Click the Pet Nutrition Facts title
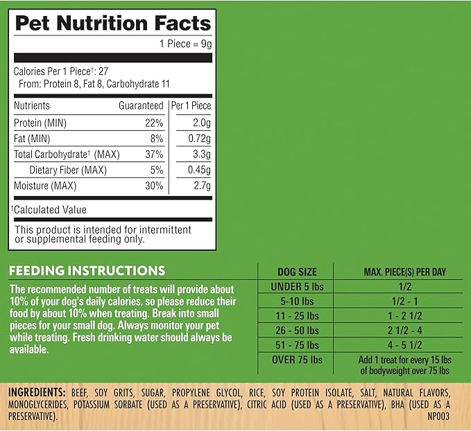[x=112, y=24]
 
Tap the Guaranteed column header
[x=141, y=106]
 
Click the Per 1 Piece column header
[x=191, y=106]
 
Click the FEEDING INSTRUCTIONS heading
[x=87, y=271]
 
